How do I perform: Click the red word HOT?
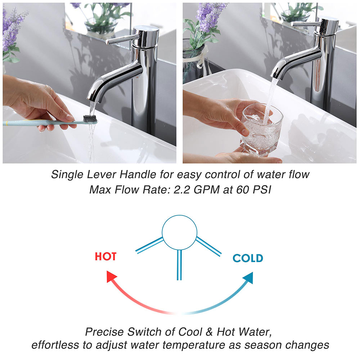(x=105, y=256)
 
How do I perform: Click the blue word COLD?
(x=248, y=258)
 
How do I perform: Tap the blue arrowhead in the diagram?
(x=249, y=277)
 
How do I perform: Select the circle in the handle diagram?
(x=180, y=215)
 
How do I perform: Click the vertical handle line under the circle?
(x=179, y=265)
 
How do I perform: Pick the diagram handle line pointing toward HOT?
(x=149, y=246)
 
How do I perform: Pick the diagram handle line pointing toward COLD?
(x=208, y=246)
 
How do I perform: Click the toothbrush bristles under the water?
(x=90, y=119)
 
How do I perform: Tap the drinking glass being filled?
(x=261, y=129)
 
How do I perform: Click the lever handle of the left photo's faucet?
(x=122, y=39)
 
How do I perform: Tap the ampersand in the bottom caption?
(x=209, y=332)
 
